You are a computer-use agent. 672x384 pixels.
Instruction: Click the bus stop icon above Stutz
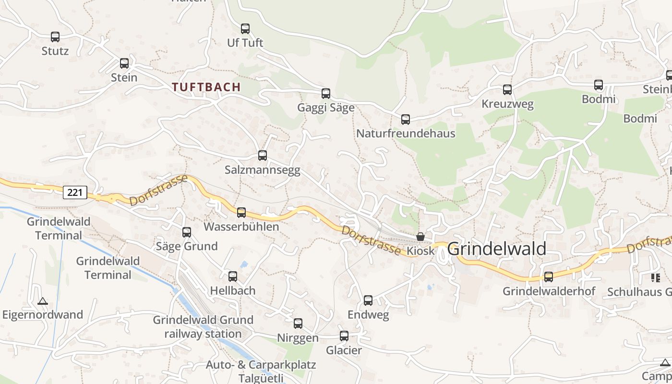coord(55,37)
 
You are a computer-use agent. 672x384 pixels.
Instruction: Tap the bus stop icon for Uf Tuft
coord(245,29)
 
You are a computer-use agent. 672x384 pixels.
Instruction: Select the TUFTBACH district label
coord(206,87)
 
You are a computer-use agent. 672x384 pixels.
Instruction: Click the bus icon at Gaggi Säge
coord(326,94)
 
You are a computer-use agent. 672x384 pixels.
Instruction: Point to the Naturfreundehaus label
coord(406,133)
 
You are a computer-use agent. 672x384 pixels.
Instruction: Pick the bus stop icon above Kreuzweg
coord(507,90)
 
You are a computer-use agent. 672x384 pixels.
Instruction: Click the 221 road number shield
coord(75,193)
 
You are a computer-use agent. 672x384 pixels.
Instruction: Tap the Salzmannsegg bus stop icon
coord(263,156)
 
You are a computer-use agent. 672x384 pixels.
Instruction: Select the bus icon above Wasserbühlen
coord(241,213)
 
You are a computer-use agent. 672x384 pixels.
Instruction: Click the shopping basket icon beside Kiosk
coord(420,237)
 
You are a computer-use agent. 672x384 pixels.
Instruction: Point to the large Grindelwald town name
coord(497,249)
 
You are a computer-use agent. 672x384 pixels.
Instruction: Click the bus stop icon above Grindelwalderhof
coord(549,277)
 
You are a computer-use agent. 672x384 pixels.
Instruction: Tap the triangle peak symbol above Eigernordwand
coord(43,301)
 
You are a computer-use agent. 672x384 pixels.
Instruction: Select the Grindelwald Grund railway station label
coord(203,327)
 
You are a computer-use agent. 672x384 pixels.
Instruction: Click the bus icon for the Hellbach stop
coord(233,276)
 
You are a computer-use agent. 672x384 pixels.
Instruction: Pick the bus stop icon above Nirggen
coord(298,324)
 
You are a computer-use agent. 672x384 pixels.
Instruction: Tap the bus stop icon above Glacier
coord(344,336)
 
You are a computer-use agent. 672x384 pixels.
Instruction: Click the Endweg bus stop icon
coord(368,300)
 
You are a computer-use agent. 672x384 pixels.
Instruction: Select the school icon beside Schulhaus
coord(655,277)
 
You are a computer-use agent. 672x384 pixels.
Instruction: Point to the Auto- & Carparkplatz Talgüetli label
coord(261,371)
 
